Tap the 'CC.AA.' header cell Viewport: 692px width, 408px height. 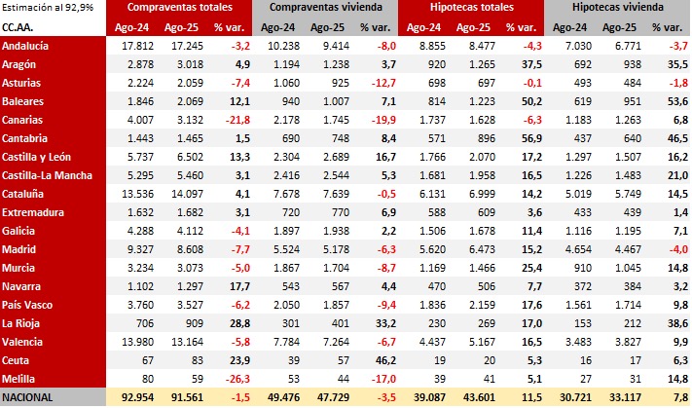[x=21, y=27]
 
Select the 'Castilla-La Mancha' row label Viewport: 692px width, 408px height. [x=48, y=175]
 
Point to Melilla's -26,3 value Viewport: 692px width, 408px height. [x=237, y=379]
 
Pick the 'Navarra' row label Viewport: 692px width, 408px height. [x=24, y=286]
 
